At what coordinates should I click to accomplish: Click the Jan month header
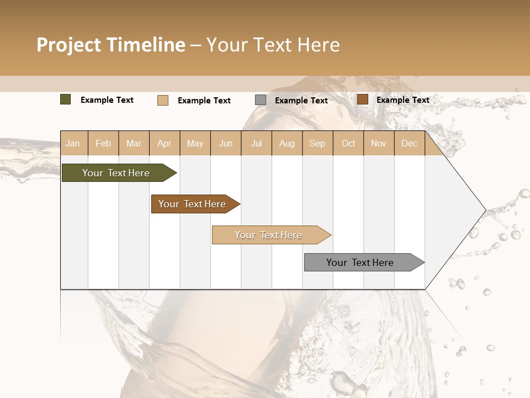tap(73, 144)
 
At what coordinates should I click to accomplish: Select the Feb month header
tap(103, 144)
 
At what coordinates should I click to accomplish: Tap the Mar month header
tap(134, 144)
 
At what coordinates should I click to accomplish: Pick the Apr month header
tap(165, 144)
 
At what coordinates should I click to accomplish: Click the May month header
tap(195, 144)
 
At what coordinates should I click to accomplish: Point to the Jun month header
tap(226, 144)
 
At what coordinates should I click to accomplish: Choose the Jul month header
tap(256, 144)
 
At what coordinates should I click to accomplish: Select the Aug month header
tap(287, 144)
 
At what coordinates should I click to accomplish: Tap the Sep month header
tap(317, 144)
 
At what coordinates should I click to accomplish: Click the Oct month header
tap(348, 144)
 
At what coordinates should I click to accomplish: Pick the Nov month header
tap(379, 144)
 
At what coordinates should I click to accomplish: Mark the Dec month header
tap(410, 144)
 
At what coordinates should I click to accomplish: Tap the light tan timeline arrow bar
tap(269, 235)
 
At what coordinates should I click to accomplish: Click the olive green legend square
tap(66, 99)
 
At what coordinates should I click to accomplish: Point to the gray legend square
tap(261, 100)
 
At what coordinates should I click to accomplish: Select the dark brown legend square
tap(363, 99)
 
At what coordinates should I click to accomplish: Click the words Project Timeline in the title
tap(111, 45)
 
